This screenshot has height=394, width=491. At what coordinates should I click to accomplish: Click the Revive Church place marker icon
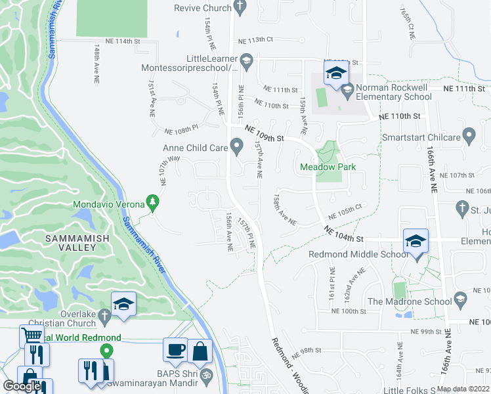click(240, 8)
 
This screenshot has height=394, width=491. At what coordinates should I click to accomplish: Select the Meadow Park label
click(328, 167)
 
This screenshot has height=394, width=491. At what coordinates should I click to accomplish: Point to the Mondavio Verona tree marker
click(153, 203)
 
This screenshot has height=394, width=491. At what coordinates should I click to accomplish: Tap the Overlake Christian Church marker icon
click(104, 318)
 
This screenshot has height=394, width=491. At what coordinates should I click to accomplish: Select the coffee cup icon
click(176, 351)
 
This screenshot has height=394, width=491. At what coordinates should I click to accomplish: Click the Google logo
click(22, 387)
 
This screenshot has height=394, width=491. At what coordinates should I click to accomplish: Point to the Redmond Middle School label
click(358, 254)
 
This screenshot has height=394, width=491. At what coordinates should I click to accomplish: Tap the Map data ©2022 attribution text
click(462, 389)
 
